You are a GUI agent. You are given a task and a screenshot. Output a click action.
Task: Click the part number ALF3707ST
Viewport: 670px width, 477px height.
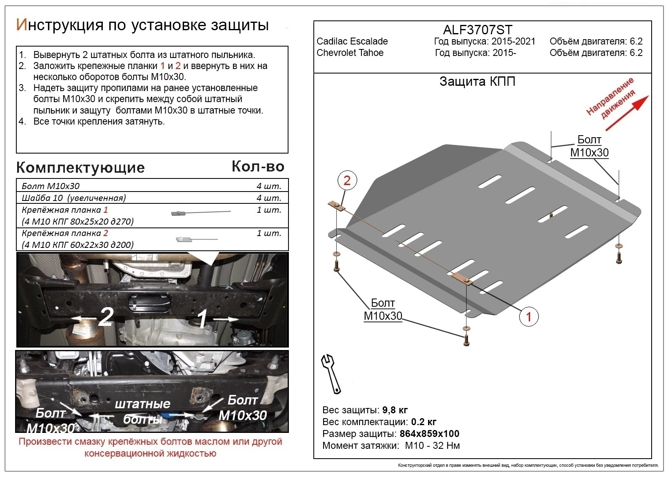[x=477, y=30]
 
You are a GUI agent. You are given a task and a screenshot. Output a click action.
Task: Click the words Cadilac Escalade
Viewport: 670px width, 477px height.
[x=352, y=41]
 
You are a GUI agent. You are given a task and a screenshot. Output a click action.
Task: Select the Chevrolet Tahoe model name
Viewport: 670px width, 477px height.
[x=350, y=53]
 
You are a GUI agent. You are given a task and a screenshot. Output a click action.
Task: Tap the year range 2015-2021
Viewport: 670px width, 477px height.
[x=513, y=41]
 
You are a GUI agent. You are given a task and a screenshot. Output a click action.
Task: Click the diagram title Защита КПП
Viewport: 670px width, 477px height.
[x=477, y=81]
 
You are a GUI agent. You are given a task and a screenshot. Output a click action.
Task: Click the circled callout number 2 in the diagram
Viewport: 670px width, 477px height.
[x=347, y=181]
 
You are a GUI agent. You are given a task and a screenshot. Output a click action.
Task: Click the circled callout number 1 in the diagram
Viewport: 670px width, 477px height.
[x=529, y=317]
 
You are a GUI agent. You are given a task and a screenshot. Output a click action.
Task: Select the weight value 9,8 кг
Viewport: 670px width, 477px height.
[x=395, y=410]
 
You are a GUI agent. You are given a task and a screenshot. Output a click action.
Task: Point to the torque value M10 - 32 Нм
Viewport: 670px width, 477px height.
[x=432, y=446]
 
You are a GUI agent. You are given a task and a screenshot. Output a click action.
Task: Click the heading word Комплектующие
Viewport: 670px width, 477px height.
[x=80, y=167]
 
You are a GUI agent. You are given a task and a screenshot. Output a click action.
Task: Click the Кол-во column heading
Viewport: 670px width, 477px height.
[x=258, y=166]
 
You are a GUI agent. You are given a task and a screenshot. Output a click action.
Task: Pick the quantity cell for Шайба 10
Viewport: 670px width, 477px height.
[x=268, y=198]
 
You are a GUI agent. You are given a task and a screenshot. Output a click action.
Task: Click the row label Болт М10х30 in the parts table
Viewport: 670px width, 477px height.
[x=51, y=186]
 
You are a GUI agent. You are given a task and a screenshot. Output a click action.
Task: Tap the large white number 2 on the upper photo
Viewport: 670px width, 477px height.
[x=105, y=317]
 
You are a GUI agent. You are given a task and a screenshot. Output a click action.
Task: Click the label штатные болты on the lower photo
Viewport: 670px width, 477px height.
[x=142, y=411]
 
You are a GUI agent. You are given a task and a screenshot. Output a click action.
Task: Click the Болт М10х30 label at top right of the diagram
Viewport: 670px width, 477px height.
[x=589, y=146]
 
